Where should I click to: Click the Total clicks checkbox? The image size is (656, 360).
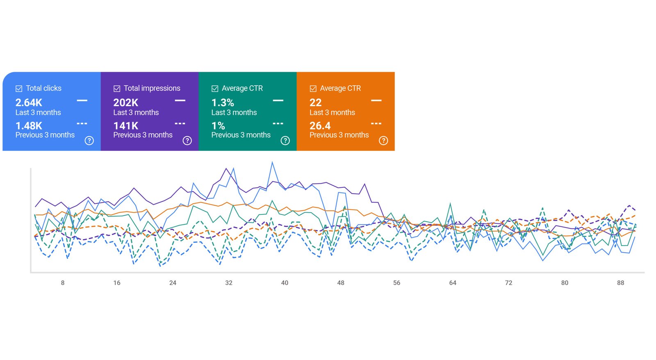coord(19,89)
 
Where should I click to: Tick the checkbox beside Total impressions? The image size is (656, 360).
coord(117,89)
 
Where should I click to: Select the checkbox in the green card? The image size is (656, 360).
coord(215,89)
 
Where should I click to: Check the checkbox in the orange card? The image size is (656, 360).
coord(313,89)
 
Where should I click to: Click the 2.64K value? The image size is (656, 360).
coord(29,103)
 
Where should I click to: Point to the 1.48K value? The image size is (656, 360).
coord(29,125)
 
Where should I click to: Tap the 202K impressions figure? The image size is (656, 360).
coord(125,103)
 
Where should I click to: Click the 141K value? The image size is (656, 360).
coord(125,125)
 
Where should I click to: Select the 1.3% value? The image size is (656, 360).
coord(223,103)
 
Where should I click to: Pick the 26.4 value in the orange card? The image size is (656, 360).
coord(320,125)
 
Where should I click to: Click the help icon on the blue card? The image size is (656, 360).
coord(89,141)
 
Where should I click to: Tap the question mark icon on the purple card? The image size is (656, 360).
coord(187,141)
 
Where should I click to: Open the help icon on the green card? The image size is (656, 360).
coord(285,141)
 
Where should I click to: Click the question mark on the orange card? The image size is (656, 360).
coord(383,141)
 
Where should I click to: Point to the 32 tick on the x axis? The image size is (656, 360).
coord(229,283)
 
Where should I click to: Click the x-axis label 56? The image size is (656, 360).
coord(396,283)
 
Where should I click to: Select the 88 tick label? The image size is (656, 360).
coord(620,283)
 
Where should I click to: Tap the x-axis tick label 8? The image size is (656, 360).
coord(63,283)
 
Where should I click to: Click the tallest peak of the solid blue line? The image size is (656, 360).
coord(272,163)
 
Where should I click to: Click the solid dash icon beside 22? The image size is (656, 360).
coord(376,100)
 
